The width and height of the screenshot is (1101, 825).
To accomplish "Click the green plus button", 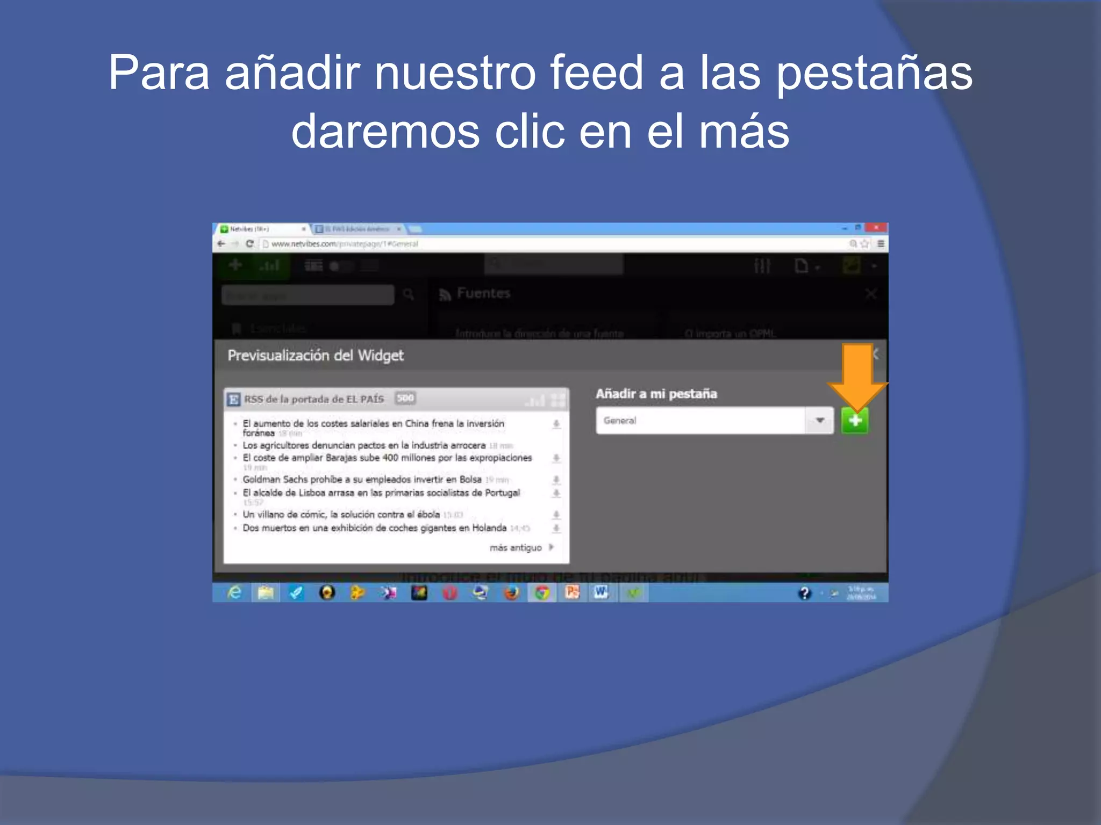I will pos(855,421).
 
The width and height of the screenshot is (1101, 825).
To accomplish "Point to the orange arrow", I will pos(857,376).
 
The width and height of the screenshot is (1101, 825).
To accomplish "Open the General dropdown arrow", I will pos(820,421).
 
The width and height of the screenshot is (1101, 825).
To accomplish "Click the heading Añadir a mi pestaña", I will pos(656,394).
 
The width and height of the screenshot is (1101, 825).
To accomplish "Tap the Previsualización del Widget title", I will pos(316,355).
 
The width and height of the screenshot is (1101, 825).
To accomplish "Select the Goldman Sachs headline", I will pos(362,480).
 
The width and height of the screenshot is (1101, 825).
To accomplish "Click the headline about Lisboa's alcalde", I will pos(381,493).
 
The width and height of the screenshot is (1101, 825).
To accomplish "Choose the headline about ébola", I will pos(341,515).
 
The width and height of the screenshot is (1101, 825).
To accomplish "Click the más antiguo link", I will pos(516,548).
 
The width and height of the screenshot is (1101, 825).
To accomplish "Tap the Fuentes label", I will pos(483,293).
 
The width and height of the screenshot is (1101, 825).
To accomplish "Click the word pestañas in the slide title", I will pos(874,74).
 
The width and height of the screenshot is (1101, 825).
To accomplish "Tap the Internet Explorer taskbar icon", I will pos(234,592).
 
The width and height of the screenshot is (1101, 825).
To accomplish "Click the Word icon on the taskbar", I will pos(601,592).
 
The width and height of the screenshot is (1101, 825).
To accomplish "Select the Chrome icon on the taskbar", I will pos(542,592).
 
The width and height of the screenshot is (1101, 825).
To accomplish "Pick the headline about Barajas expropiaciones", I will pos(387,458).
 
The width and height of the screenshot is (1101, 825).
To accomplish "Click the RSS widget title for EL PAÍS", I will pos(314,399).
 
